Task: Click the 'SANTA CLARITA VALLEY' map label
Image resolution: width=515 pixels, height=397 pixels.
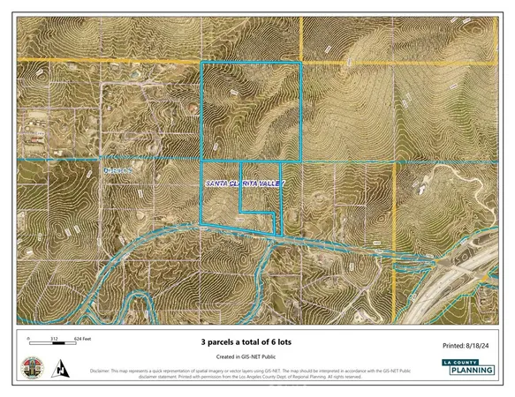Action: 245,184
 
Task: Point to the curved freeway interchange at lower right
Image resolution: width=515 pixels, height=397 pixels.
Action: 459,282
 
